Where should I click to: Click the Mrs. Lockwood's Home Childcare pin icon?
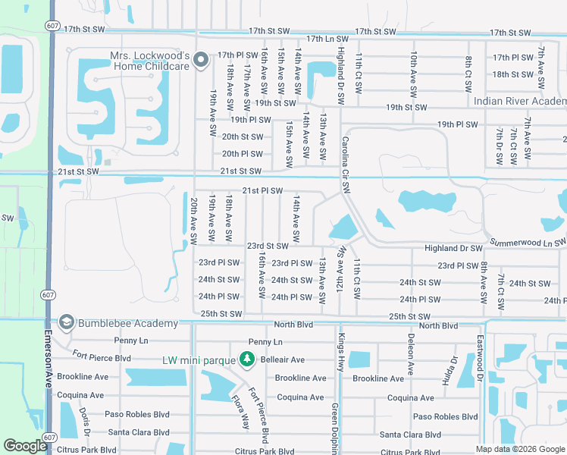point(201,60)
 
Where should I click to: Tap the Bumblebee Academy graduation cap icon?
point(66,323)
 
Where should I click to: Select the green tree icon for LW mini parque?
point(246,358)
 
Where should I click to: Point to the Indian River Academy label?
point(519,102)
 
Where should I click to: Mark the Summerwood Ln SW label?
point(528,242)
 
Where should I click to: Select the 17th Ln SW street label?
point(327,38)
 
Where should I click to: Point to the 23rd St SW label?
point(268,246)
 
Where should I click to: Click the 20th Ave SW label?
point(194,221)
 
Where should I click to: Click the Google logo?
point(26,446)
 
